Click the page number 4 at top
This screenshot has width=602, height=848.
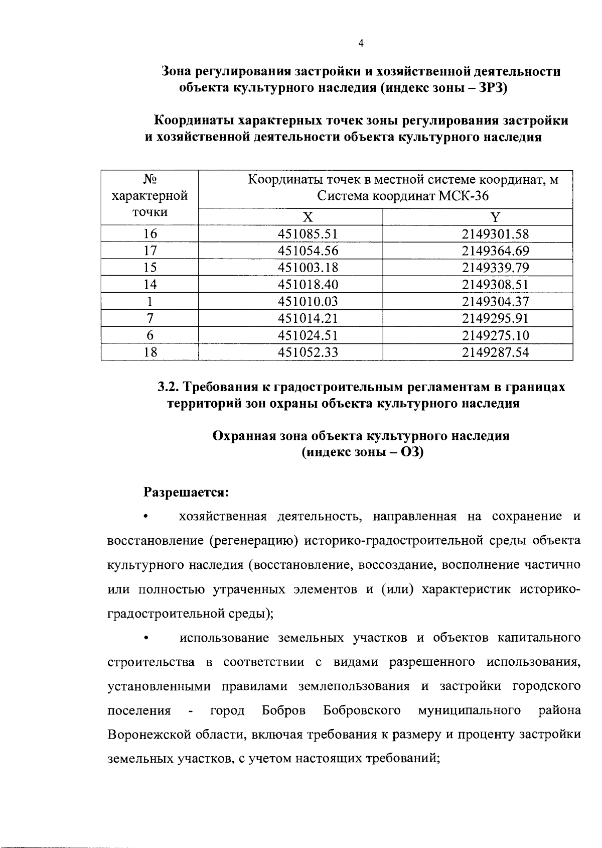(x=361, y=44)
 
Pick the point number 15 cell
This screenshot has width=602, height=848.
(x=150, y=268)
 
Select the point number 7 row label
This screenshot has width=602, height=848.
(x=150, y=318)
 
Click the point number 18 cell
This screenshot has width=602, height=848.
(x=150, y=352)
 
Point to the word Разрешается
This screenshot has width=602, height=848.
(x=186, y=492)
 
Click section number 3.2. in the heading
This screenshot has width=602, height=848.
(x=169, y=387)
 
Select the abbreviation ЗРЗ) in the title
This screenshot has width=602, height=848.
(x=494, y=88)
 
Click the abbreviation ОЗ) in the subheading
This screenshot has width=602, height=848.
(x=412, y=452)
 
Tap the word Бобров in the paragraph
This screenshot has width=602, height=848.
(x=283, y=710)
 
